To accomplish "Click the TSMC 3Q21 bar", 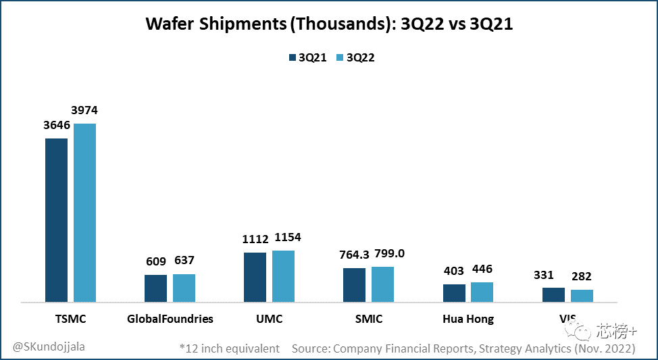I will point(56,220).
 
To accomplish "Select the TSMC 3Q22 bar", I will point(84,213).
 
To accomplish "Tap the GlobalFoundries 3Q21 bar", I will point(155,288).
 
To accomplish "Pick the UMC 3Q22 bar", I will point(283,276).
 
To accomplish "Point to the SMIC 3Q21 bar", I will point(354,285).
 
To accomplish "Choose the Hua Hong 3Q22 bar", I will point(482,292).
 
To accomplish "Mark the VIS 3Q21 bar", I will point(553,294).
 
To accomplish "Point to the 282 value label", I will point(582,277).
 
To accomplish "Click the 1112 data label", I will point(255,240).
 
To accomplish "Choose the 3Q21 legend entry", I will point(307,57).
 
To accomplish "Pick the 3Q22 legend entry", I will point(355,57).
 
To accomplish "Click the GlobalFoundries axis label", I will point(170,319).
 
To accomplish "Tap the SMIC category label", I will point(368,319).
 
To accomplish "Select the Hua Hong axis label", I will point(468,319).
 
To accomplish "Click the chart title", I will point(329,26).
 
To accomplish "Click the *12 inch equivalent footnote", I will point(230,349).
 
